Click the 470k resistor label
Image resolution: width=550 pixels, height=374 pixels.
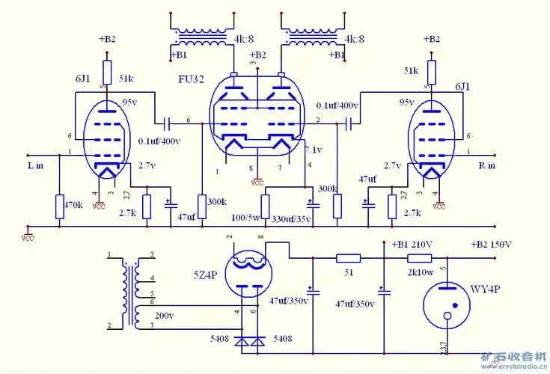[73, 204]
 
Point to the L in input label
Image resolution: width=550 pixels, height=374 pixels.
[34, 165]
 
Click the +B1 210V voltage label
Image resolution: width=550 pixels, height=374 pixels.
[412, 245]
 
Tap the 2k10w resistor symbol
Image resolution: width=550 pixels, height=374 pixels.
[418, 258]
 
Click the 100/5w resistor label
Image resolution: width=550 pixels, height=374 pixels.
[244, 218]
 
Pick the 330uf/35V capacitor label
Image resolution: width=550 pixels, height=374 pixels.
[291, 218]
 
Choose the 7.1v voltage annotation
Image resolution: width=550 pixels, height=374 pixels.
[313, 150]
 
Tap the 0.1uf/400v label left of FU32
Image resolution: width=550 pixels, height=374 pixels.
[159, 141]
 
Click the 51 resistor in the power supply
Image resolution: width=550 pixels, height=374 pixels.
[347, 258]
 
